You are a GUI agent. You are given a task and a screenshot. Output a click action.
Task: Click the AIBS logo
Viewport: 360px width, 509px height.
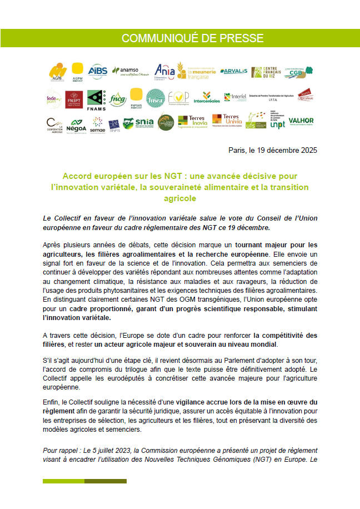(98, 71)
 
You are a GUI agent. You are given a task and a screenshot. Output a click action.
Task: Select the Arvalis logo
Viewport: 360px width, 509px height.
(233, 72)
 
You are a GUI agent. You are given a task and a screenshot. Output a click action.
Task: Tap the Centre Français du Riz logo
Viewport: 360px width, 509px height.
(265, 72)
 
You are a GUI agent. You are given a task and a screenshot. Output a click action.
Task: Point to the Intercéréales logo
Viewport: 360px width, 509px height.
(207, 98)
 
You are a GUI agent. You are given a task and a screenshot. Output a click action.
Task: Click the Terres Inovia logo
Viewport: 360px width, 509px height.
(192, 121)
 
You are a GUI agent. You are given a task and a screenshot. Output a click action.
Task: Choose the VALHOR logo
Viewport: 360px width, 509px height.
(301, 121)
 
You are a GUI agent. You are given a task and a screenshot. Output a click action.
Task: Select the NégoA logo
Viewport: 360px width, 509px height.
(76, 124)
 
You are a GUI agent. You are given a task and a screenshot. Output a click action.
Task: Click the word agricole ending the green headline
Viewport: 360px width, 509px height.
(180, 198)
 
